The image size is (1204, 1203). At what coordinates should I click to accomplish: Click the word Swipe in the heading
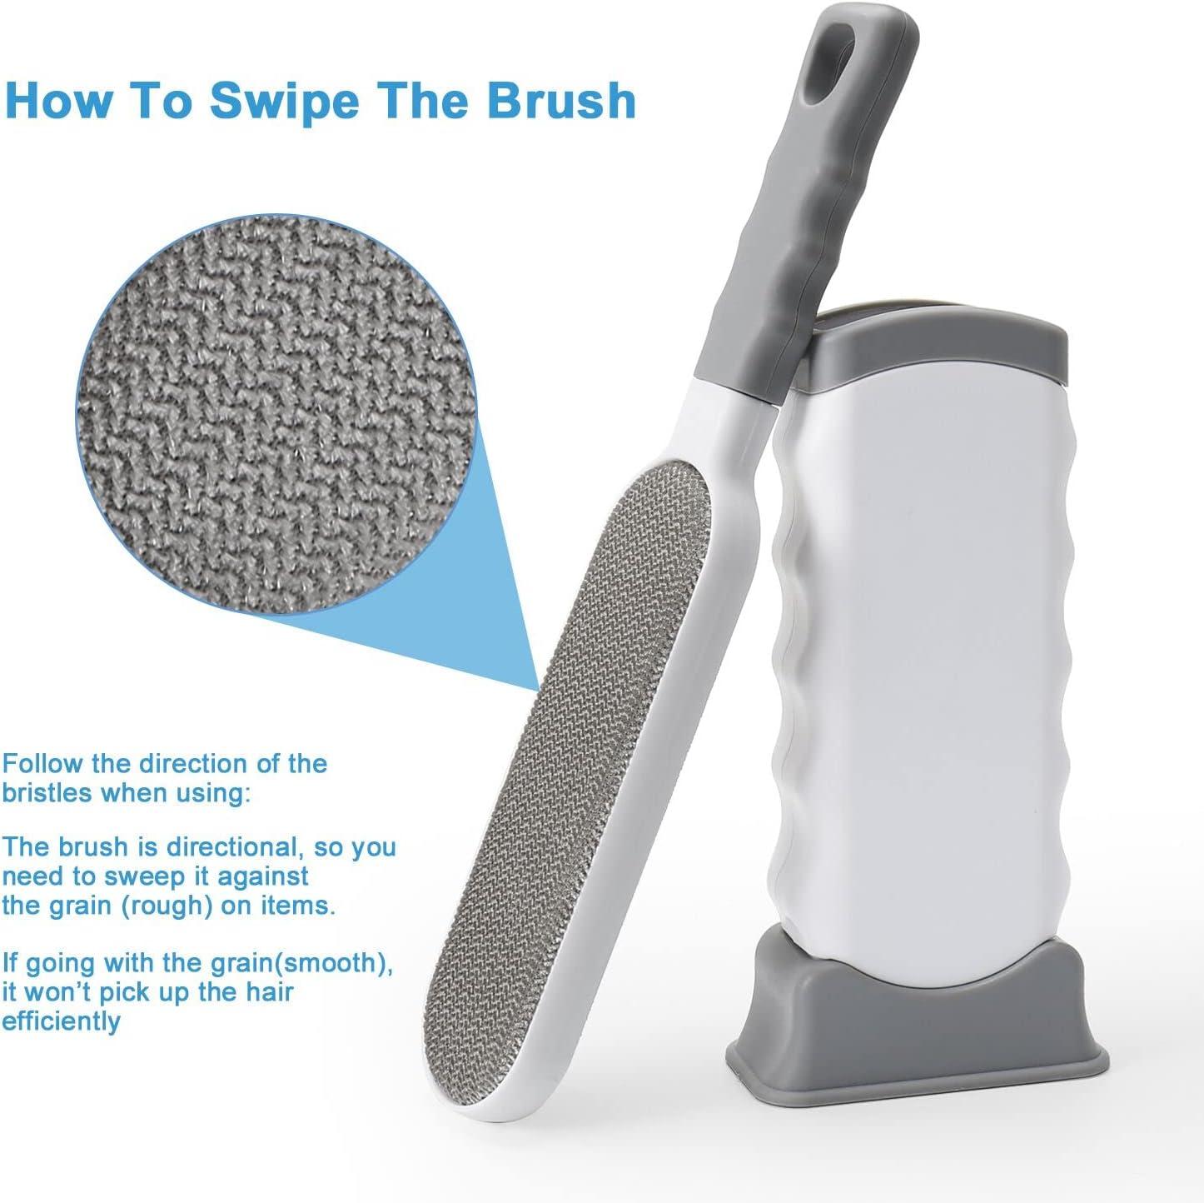point(285,102)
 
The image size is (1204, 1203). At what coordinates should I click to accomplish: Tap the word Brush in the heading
point(561,100)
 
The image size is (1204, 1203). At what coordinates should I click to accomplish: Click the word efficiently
point(62,1021)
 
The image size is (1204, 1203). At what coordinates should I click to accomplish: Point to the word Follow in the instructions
point(43,763)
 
